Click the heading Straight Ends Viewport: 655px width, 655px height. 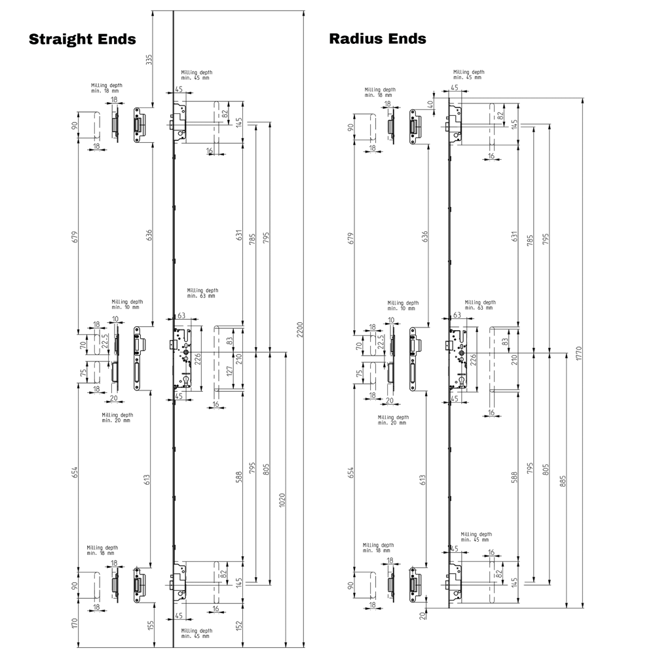coord(82,39)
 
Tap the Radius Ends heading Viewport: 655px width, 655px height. coord(378,39)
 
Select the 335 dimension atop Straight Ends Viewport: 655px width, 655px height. coord(149,60)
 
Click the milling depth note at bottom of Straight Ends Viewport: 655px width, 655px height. coord(196,632)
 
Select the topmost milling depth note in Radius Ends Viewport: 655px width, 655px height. coord(468,74)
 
